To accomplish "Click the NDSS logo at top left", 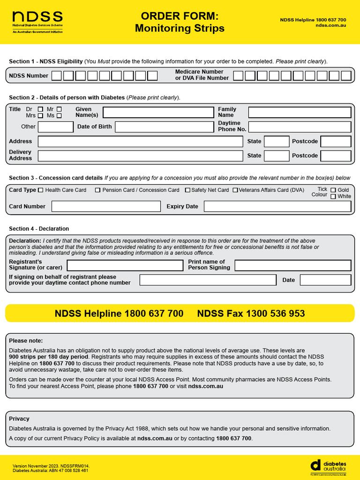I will tap(37, 22).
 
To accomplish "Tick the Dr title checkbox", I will tap(40, 109).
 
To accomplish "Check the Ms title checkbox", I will tap(59, 116).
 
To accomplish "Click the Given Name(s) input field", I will tap(158, 112).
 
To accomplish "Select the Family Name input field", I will tap(300, 112).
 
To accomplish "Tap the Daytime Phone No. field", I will tap(300, 127).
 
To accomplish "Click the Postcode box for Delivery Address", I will tap(336, 156).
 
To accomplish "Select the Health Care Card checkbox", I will tap(40, 190).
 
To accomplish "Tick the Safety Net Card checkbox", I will tap(187, 190).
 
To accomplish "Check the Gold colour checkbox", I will tap(333, 190).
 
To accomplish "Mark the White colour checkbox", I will tap(333, 196).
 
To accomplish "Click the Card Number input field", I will tap(106, 206).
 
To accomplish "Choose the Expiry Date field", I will tap(277, 206).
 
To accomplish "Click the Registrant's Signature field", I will tap(125, 265).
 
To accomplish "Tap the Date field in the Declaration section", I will tap(325, 280).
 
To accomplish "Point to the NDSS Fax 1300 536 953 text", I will tap(251, 314).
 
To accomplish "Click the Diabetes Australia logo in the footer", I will tap(328, 465).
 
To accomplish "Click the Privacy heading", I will tap(19, 419).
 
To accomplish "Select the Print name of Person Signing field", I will tap(292, 265).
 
